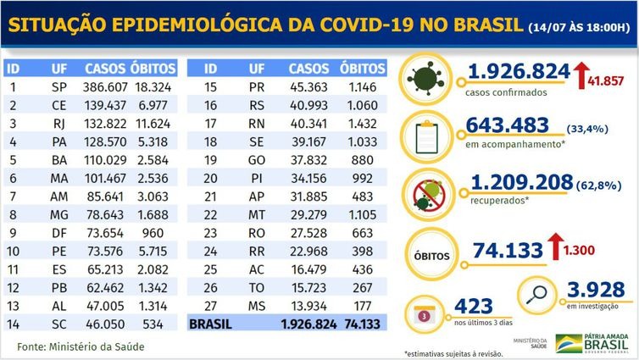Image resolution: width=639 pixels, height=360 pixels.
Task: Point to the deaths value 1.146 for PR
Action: tap(356, 86)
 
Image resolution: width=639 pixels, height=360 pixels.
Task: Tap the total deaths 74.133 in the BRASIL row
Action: tap(356, 323)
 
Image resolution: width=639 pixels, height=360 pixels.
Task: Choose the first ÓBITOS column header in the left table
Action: tap(153, 67)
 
